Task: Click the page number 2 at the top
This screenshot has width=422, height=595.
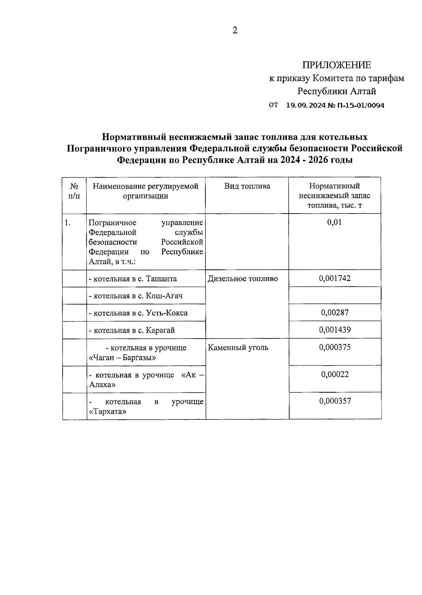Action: pyautogui.click(x=235, y=31)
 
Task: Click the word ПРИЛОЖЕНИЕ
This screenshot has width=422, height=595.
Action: pyautogui.click(x=337, y=65)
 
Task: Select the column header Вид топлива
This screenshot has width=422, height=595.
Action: pyautogui.click(x=247, y=186)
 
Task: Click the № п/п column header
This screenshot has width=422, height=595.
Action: pyautogui.click(x=74, y=191)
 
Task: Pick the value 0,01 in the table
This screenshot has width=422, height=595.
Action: pyautogui.click(x=334, y=222)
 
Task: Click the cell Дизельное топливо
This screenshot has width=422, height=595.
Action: pyautogui.click(x=243, y=279)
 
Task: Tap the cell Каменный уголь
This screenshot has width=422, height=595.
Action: pyautogui.click(x=238, y=348)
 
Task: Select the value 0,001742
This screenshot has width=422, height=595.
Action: pyautogui.click(x=334, y=279)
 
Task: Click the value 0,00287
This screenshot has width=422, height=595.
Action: pyautogui.click(x=334, y=313)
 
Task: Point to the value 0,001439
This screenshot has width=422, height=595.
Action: pyautogui.click(x=334, y=330)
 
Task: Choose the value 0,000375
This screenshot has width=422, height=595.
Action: pyautogui.click(x=334, y=347)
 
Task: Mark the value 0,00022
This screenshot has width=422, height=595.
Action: pyautogui.click(x=334, y=374)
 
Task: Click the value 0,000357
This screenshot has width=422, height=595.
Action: pyautogui.click(x=334, y=401)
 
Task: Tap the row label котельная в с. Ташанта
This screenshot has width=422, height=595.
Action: pyautogui.click(x=133, y=279)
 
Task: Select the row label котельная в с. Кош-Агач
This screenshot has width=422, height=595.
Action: pyautogui.click(x=136, y=296)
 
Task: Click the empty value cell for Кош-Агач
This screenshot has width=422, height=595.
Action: pyautogui.click(x=334, y=295)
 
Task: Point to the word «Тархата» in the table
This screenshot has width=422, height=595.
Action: pyautogui.click(x=108, y=411)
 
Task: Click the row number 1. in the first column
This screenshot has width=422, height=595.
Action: pyautogui.click(x=68, y=223)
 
